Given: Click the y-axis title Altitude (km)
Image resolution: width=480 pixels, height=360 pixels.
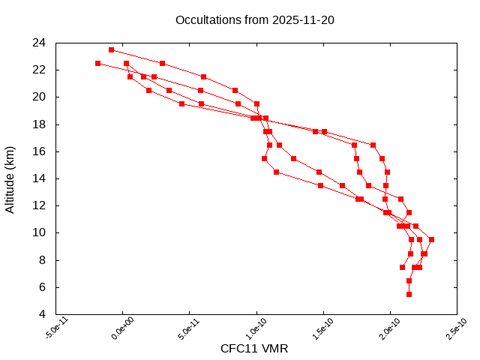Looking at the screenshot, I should tap(10, 178).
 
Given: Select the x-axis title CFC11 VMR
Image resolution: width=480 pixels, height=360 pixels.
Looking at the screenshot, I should tap(254, 349).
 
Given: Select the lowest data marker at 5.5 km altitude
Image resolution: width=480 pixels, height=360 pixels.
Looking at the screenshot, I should tap(409, 294).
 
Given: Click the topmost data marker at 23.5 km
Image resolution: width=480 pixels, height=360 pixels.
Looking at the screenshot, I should tap(111, 49).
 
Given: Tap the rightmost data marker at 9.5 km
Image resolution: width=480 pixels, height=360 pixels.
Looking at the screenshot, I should tap(431, 239).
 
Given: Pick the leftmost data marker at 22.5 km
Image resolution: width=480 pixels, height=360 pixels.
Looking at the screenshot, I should tap(97, 63).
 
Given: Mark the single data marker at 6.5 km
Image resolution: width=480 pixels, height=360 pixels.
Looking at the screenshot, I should tap(409, 280).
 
